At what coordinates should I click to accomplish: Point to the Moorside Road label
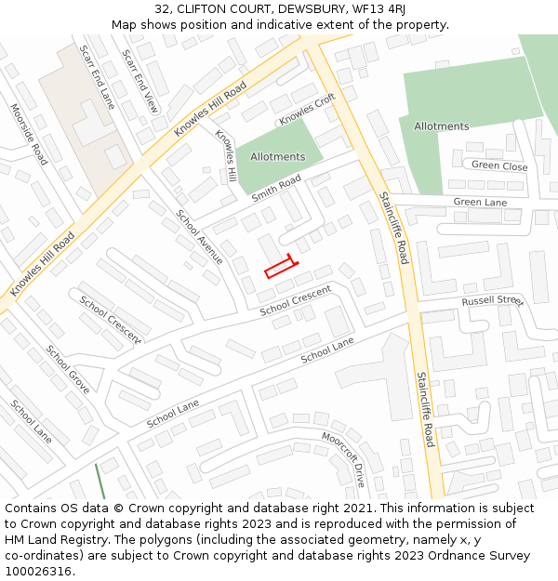tap(28, 135)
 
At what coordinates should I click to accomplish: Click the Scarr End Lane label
tap(96, 77)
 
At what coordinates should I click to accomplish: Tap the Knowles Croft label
tap(307, 110)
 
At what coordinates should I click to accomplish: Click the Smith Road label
tap(276, 188)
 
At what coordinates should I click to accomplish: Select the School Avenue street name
tap(199, 236)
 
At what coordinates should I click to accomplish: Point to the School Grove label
tap(68, 369)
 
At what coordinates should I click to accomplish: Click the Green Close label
tap(498, 166)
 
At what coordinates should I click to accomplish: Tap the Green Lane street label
tap(480, 202)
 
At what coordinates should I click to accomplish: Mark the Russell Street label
tap(493, 301)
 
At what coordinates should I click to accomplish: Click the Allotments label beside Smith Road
tap(277, 157)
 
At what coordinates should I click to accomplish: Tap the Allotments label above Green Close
tap(441, 126)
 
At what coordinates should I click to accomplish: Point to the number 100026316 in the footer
tap(40, 571)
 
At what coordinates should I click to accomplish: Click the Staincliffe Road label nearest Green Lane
tap(393, 228)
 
